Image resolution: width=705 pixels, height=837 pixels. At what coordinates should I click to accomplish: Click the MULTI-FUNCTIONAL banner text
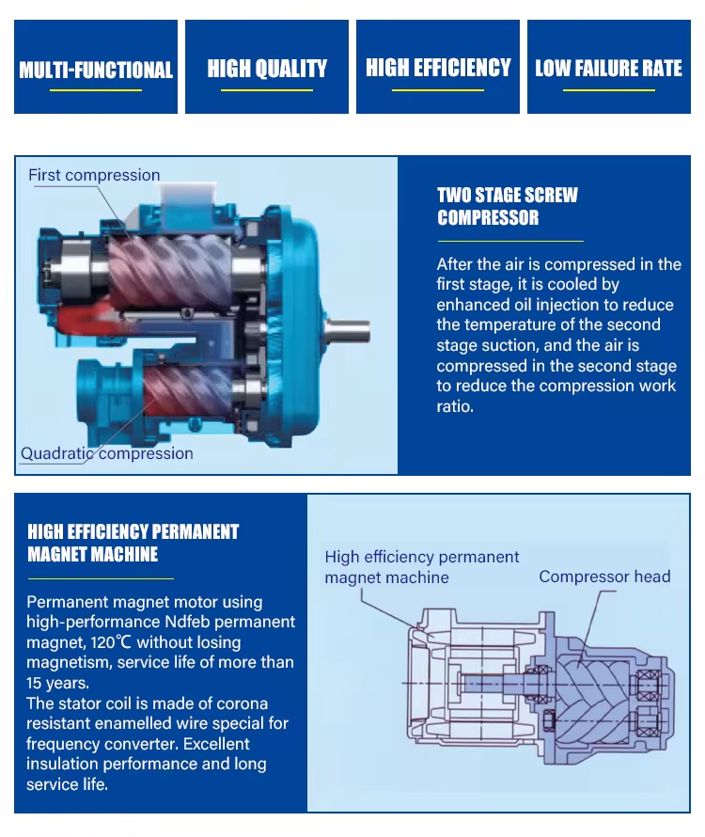96,70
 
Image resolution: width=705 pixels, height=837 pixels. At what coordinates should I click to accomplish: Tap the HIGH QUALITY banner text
267,69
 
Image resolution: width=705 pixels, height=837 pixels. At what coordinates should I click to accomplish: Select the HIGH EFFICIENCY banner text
438,68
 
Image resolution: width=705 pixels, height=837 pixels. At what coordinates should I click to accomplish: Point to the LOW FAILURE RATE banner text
608,69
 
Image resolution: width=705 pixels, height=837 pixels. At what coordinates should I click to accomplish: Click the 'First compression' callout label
94,175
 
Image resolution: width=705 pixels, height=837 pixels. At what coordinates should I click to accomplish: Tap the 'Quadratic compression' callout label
107,453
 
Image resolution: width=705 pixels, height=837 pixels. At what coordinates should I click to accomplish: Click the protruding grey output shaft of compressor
348,330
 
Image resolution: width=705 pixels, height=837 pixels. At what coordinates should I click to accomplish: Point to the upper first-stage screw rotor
170,271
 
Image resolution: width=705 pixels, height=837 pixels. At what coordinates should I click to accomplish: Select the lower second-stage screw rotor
188,389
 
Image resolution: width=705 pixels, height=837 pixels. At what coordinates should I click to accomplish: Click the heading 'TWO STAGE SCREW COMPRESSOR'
507,206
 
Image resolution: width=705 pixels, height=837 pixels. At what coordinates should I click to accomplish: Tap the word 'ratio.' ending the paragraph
455,407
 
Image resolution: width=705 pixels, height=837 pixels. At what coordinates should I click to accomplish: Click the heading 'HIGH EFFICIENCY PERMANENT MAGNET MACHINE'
133,543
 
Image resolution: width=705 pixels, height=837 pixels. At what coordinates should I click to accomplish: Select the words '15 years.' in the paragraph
57,683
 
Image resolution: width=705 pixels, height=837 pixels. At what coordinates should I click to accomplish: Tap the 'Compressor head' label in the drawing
604,576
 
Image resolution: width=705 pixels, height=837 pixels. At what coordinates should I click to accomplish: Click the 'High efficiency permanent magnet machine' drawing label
422,567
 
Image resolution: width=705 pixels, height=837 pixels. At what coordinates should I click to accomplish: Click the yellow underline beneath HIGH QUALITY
267,90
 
